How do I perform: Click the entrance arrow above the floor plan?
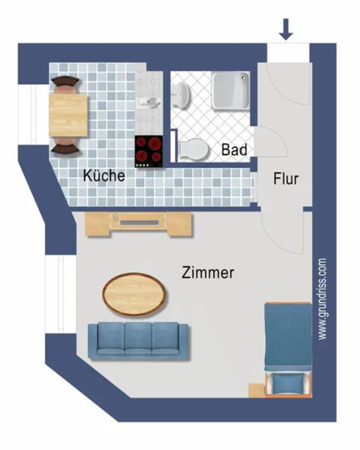coord(286,29)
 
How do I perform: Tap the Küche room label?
coord(104,175)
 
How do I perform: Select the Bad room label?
coord(234,150)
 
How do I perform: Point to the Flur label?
coord(286,179)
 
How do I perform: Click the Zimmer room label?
coord(208,272)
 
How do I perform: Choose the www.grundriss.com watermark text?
coord(322,299)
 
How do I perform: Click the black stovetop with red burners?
coord(149,152)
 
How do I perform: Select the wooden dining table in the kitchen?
coord(68,115)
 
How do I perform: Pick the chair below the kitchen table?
coord(65,146)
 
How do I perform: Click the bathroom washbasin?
coord(181,94)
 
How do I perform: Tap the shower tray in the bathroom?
coord(231,91)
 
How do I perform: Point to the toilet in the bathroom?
coord(193,149)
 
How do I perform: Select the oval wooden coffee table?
coord(134,294)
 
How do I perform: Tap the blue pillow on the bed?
coord(288,384)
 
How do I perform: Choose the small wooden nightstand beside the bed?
coord(257,390)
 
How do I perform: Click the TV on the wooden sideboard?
coord(140,223)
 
